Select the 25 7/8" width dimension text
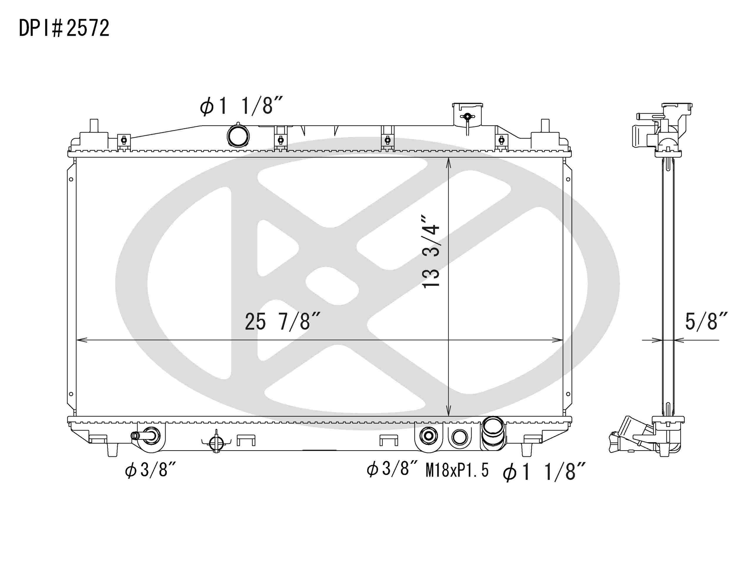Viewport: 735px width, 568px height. pyautogui.click(x=282, y=321)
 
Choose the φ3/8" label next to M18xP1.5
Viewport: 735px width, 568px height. pyautogui.click(x=392, y=469)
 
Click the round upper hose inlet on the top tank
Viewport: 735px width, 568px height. pyautogui.click(x=238, y=136)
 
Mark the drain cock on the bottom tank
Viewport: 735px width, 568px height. pyautogui.click(x=216, y=443)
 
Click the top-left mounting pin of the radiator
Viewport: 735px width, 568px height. pyautogui.click(x=94, y=126)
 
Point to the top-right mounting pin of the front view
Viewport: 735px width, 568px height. pyautogui.click(x=545, y=126)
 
